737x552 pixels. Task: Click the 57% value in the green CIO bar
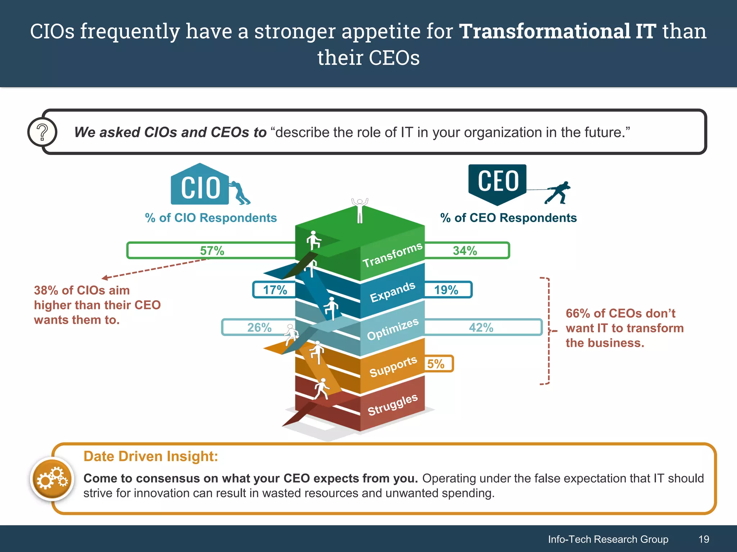(x=212, y=250)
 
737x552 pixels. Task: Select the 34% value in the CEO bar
(x=465, y=250)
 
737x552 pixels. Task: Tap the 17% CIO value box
(x=275, y=290)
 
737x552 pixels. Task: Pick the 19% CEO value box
(x=446, y=290)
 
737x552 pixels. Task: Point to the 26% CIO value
(x=259, y=327)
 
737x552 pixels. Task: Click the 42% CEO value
(x=481, y=327)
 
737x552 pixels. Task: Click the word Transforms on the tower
(x=392, y=255)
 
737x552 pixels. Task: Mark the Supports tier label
(x=393, y=367)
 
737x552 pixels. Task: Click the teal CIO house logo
(x=200, y=185)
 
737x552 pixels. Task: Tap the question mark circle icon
(x=42, y=132)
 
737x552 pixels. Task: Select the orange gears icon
(x=52, y=479)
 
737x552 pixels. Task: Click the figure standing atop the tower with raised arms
(x=360, y=211)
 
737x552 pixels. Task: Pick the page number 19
(x=704, y=539)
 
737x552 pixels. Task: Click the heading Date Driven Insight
(x=151, y=456)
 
